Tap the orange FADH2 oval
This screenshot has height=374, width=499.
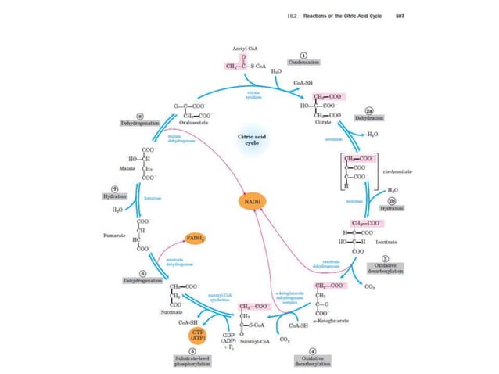point(194,237)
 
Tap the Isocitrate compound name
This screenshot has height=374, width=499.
point(397,243)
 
